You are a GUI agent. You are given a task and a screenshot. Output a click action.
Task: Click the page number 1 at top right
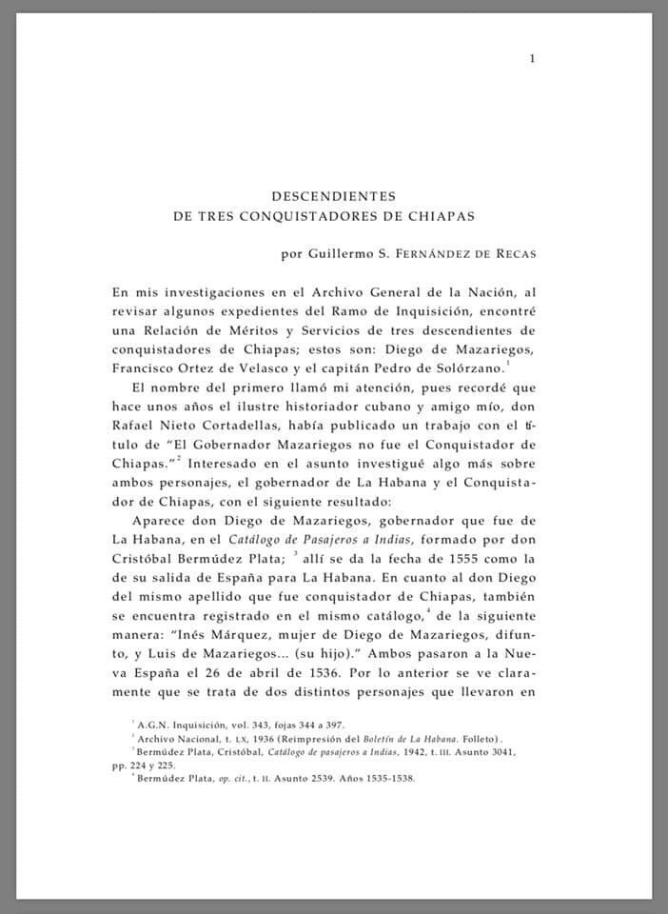(532, 59)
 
